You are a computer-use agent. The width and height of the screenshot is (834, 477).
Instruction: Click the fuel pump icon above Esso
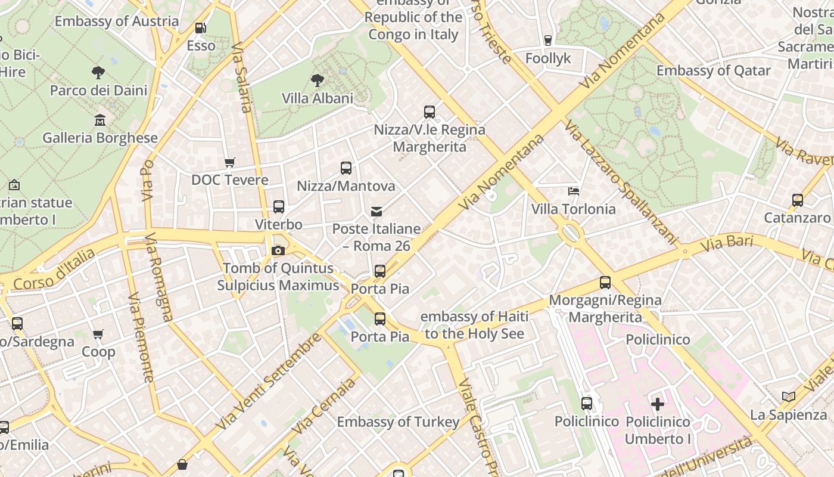coord(201,28)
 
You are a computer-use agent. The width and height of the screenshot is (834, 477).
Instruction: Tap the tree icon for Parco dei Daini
coord(98,73)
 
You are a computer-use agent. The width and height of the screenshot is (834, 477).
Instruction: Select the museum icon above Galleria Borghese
coord(100,120)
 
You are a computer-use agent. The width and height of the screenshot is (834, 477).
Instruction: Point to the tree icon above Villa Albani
coord(318,80)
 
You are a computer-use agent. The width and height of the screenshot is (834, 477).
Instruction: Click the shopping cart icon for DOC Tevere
coord(229,162)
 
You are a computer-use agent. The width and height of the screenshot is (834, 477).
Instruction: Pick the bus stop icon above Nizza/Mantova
coord(346,168)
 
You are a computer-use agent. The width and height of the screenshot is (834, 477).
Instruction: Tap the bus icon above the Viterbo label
coord(279,207)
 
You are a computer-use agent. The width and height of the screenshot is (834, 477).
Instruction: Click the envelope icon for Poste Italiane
coord(376,211)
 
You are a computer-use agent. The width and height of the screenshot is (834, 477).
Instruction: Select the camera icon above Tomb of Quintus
coord(278,250)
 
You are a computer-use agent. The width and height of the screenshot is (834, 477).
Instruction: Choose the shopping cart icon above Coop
coord(98,334)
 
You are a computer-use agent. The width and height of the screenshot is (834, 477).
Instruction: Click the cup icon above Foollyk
coord(548,41)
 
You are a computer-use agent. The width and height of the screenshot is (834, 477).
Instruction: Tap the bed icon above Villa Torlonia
coord(574,191)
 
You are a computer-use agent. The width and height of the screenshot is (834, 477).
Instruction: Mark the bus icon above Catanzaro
coord(798,200)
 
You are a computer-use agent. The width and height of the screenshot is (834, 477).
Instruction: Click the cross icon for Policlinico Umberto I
coord(658,404)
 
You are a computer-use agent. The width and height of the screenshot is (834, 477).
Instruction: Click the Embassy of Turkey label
coord(398,422)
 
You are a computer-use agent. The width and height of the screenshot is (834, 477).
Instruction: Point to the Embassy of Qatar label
coord(713,70)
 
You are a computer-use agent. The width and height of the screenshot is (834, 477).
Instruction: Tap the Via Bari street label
coord(727,243)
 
